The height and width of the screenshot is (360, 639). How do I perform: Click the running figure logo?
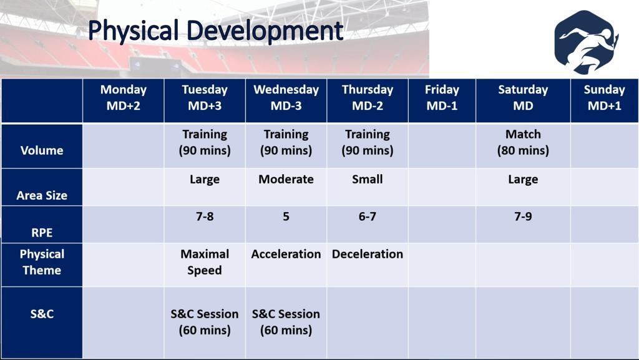point(586,42)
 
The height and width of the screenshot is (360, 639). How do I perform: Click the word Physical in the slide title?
point(134,30)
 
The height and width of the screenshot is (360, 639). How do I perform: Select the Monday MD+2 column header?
point(123,98)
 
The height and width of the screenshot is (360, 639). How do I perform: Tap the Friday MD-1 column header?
point(442,98)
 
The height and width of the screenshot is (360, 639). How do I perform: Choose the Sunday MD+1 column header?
point(604,98)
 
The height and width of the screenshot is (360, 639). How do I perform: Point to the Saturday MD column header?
point(523,98)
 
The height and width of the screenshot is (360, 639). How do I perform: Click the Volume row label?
point(42,150)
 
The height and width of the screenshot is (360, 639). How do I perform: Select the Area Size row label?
point(42,195)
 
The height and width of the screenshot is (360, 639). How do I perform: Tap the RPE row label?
point(42,233)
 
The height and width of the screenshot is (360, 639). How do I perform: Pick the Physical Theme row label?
point(42,262)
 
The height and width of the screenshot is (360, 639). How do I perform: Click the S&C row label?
point(42,314)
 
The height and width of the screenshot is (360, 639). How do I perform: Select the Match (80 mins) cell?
point(523,142)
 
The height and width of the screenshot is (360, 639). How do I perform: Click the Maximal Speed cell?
point(205,262)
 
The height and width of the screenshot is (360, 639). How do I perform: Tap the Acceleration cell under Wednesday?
point(286,255)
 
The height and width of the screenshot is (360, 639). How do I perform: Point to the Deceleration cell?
point(367,255)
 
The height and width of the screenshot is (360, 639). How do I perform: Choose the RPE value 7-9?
point(523,216)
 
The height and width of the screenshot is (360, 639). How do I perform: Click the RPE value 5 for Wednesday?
point(286,216)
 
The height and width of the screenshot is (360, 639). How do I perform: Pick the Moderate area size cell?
point(286,179)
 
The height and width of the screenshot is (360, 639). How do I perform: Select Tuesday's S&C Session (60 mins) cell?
point(205,322)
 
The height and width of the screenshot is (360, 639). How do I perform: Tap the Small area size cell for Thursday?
point(367,179)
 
